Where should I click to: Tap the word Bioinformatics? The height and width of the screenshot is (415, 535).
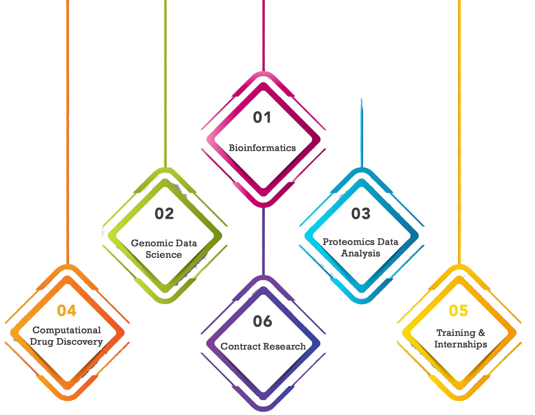tap(262, 148)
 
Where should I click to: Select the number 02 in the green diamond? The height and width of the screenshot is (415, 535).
tap(164, 214)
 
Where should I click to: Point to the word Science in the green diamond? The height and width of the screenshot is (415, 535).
tap(164, 255)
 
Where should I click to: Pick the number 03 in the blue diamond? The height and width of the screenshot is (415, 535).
tap(361, 214)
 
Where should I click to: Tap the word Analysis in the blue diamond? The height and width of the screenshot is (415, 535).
tap(361, 253)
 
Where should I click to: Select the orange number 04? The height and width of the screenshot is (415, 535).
tap(67, 311)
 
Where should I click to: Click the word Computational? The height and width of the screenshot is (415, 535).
tap(67, 330)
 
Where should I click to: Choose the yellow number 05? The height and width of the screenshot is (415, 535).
tap(458, 311)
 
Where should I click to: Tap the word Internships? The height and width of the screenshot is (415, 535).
tap(461, 344)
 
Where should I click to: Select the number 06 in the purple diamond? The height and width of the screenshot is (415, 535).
tap(262, 321)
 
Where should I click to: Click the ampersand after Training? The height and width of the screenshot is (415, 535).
tap(481, 333)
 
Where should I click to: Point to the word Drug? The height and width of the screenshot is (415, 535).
tap(41, 342)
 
